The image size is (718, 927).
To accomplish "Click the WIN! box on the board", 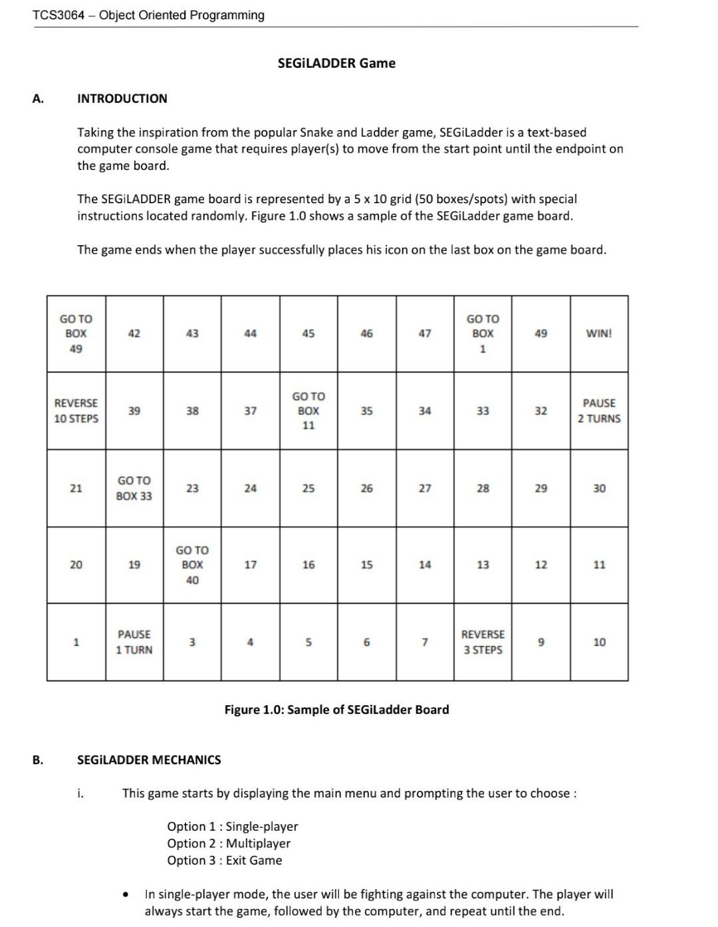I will [598, 333].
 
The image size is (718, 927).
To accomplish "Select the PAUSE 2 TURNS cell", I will [598, 410].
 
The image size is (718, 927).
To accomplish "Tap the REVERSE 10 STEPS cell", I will [76, 410].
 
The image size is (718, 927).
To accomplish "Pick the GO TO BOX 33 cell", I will [134, 488].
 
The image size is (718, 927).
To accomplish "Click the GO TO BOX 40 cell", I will [192, 565].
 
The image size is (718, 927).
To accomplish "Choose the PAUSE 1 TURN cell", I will [134, 642].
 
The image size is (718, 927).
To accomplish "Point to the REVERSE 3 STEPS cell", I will [483, 642].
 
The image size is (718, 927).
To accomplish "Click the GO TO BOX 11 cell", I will [308, 410].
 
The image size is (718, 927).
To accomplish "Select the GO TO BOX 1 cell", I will [483, 333].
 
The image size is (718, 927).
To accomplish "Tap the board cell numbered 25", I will [308, 488].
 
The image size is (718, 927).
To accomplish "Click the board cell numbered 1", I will [76, 642].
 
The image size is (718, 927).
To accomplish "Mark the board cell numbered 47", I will [425, 333].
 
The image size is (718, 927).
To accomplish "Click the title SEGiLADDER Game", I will [336, 63].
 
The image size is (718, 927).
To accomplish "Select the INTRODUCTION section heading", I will [122, 98].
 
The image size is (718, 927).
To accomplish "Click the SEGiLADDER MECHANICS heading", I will [149, 760].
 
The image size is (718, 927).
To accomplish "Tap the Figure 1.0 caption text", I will [336, 709].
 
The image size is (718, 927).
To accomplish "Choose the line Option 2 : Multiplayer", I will [229, 843].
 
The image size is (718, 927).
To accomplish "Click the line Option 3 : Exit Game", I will [225, 860].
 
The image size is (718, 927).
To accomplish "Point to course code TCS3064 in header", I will [59, 15].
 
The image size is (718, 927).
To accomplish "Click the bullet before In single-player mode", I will [125, 895].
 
